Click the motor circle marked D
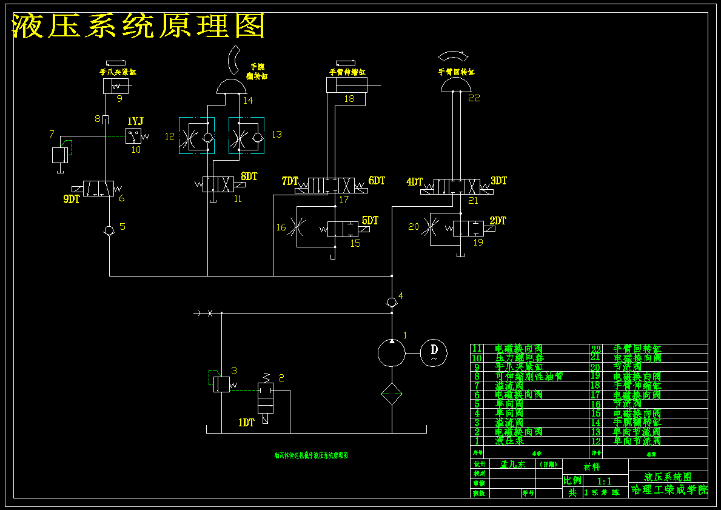click(x=434, y=351)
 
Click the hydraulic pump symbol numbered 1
click(x=392, y=352)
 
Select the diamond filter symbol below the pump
click(x=392, y=395)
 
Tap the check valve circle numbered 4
click(x=392, y=302)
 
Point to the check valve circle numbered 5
click(x=109, y=230)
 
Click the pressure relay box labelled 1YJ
click(x=133, y=135)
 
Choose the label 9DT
click(x=72, y=199)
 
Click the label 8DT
click(x=249, y=176)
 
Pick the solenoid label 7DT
click(x=290, y=181)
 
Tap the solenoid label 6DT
click(x=377, y=181)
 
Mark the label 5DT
click(x=370, y=221)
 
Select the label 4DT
click(x=415, y=181)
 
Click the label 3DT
click(x=498, y=181)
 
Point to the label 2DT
click(x=498, y=221)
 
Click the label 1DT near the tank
click(x=246, y=423)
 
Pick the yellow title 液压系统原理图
click(x=139, y=26)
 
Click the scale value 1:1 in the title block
click(x=604, y=481)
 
